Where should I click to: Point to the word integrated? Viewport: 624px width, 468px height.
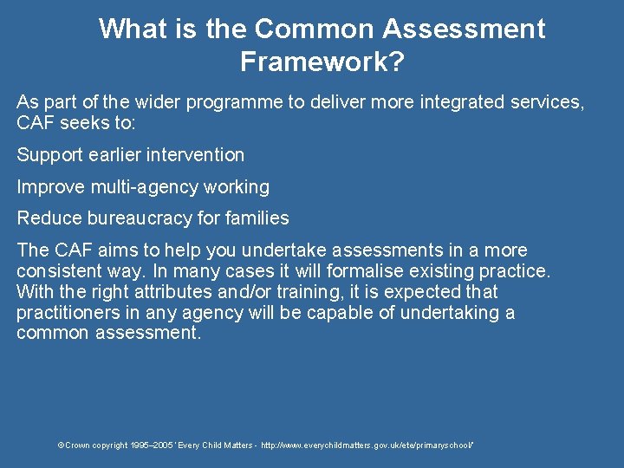click(x=465, y=102)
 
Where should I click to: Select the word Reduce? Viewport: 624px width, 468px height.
click(x=49, y=218)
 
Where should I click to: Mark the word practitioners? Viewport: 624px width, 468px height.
click(x=69, y=312)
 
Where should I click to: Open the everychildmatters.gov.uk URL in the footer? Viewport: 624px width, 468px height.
click(x=367, y=445)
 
